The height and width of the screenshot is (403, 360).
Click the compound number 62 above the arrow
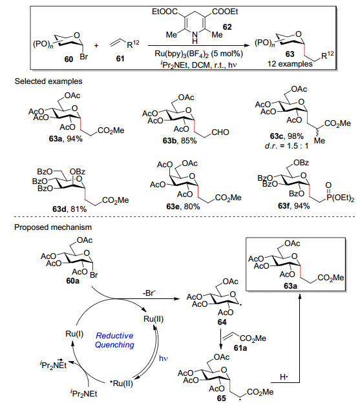227,26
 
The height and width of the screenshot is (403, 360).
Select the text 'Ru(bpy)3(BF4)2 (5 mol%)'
198,54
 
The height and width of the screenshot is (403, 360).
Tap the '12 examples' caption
290,64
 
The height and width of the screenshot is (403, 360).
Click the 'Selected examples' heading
48,81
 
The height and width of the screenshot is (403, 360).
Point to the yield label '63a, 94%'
65,139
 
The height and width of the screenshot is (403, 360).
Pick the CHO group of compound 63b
220,132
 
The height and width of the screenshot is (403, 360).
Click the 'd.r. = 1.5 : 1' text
286,146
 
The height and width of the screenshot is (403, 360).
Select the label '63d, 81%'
69,209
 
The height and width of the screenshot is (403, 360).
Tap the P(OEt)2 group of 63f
340,198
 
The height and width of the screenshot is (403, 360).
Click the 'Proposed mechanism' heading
53,227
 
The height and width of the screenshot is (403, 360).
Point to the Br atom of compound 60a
94,274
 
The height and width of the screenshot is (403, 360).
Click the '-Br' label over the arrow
149,293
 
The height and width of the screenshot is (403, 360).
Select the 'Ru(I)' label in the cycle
74,334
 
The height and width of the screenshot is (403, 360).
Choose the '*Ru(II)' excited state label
121,384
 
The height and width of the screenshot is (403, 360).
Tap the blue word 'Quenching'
114,345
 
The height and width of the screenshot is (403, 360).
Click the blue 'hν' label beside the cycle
163,358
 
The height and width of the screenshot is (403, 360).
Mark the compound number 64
222,322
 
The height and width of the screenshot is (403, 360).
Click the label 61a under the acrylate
240,348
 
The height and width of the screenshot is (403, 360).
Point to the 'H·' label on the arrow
284,377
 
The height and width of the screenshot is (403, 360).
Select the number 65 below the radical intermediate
222,398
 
